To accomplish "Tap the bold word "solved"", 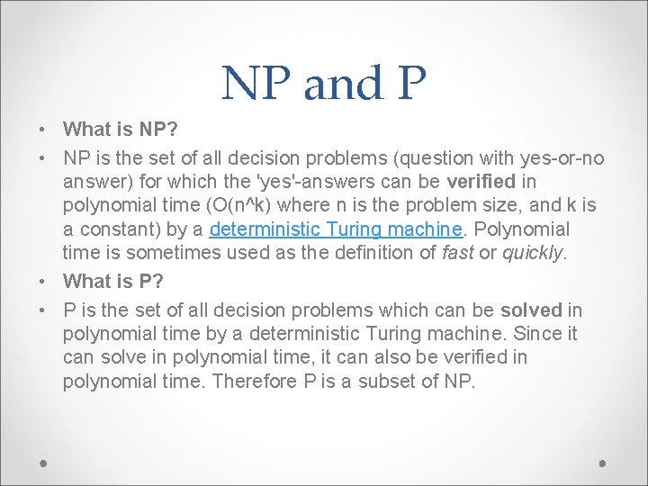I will (531, 310).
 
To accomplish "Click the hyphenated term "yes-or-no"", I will (563, 158).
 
